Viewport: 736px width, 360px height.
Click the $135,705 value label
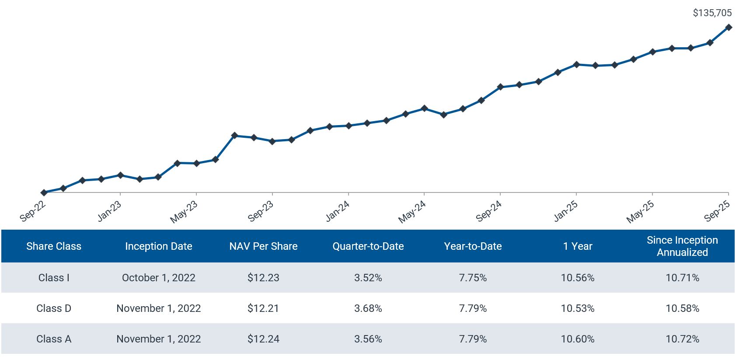click(x=712, y=13)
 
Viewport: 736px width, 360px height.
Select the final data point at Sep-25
click(x=729, y=27)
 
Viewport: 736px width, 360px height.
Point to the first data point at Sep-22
click(x=44, y=192)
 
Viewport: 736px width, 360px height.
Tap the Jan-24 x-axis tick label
click(x=338, y=211)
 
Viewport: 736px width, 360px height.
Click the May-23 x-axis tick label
click(x=184, y=212)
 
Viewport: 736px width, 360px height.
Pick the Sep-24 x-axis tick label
click(x=489, y=211)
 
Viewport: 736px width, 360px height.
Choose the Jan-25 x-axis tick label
click(x=566, y=211)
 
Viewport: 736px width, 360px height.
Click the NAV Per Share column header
click(x=263, y=246)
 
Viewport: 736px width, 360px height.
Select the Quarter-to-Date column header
click(x=368, y=246)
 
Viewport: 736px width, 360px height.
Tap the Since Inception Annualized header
click(x=682, y=246)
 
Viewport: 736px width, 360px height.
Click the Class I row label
click(x=54, y=278)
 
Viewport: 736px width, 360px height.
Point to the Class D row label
click(x=54, y=308)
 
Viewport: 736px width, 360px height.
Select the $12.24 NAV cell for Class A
click(x=263, y=339)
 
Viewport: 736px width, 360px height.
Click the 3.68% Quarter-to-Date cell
click(x=368, y=308)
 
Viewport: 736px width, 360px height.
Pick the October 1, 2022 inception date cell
click(x=158, y=278)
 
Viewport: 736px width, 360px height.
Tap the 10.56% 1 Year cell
click(x=577, y=278)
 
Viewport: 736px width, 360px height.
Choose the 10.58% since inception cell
click(x=682, y=308)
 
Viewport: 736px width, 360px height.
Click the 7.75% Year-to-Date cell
click(x=473, y=278)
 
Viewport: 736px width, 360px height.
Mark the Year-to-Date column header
click(x=473, y=246)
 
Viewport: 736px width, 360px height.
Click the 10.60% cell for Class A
click(x=577, y=339)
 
